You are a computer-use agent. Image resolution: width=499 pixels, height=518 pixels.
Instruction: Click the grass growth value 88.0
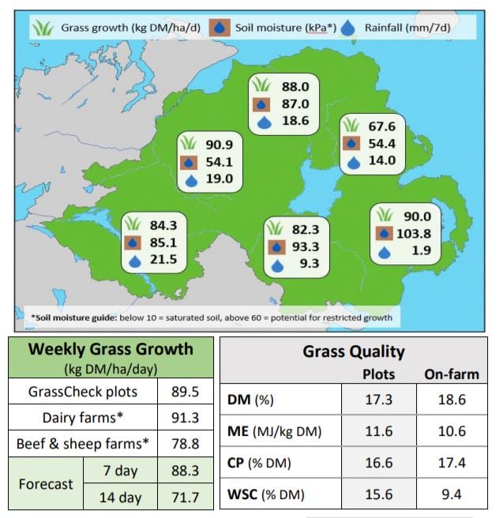tap(295, 87)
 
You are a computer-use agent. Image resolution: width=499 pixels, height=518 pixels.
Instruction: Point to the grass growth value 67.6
tap(383, 126)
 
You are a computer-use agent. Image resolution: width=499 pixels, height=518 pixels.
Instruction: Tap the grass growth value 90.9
tap(219, 145)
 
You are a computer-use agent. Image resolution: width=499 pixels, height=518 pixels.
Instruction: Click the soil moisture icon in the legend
tap(222, 28)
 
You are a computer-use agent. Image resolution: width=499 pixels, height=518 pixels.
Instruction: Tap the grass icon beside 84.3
tap(133, 224)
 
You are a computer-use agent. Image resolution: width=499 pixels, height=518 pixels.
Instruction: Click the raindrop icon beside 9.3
tap(276, 265)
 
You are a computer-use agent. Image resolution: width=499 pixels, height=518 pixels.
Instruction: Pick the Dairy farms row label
tap(84, 417)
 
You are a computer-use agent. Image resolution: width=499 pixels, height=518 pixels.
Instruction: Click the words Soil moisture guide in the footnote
tap(73, 319)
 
